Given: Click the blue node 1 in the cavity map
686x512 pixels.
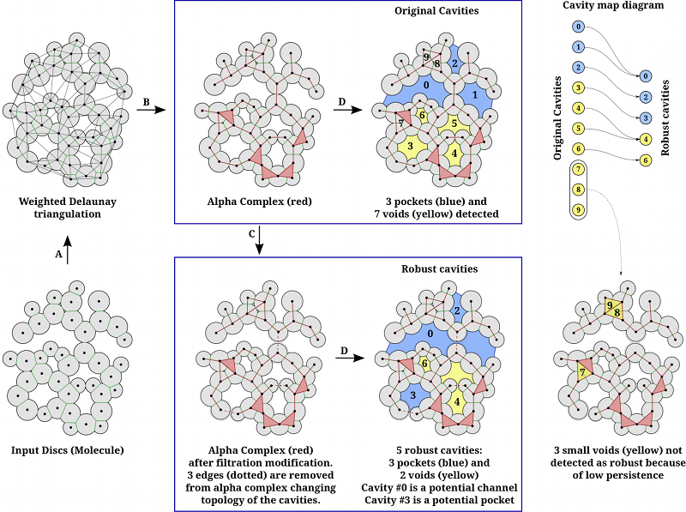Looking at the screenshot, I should click(x=579, y=46).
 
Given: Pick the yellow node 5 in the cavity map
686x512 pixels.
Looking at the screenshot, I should click(x=579, y=129).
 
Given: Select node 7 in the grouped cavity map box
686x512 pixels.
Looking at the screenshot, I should click(x=579, y=169).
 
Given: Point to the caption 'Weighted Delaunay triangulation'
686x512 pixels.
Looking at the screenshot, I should click(x=67, y=207).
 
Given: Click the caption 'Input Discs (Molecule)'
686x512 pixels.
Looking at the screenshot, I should click(x=66, y=449).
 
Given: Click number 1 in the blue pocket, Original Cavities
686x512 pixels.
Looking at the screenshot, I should click(x=474, y=93).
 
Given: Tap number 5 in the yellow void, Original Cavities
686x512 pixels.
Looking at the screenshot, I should click(x=454, y=123).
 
